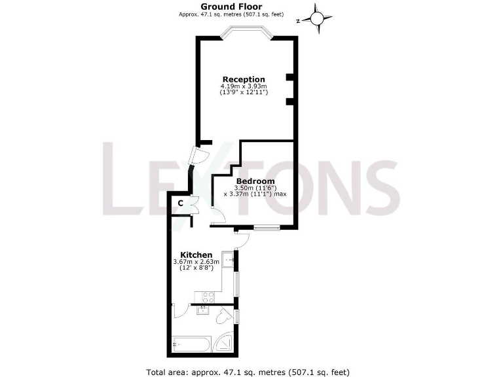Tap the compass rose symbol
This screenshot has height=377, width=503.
coord(318,18)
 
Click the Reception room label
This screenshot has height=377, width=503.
coord(244,80)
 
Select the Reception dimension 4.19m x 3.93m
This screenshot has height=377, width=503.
coord(244,86)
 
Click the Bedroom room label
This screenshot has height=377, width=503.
coord(255,181)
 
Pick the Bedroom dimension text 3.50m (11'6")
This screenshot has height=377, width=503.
coord(255,188)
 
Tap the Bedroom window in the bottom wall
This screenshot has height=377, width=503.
coord(267,228)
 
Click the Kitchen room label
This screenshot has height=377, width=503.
coord(196,255)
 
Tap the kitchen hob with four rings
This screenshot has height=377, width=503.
coord(209,296)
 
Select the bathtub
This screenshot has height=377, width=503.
coord(190,344)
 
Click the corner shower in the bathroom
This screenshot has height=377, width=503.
coord(225,344)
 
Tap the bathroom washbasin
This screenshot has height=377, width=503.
coord(203,310)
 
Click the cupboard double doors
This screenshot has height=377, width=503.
coord(195,203)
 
